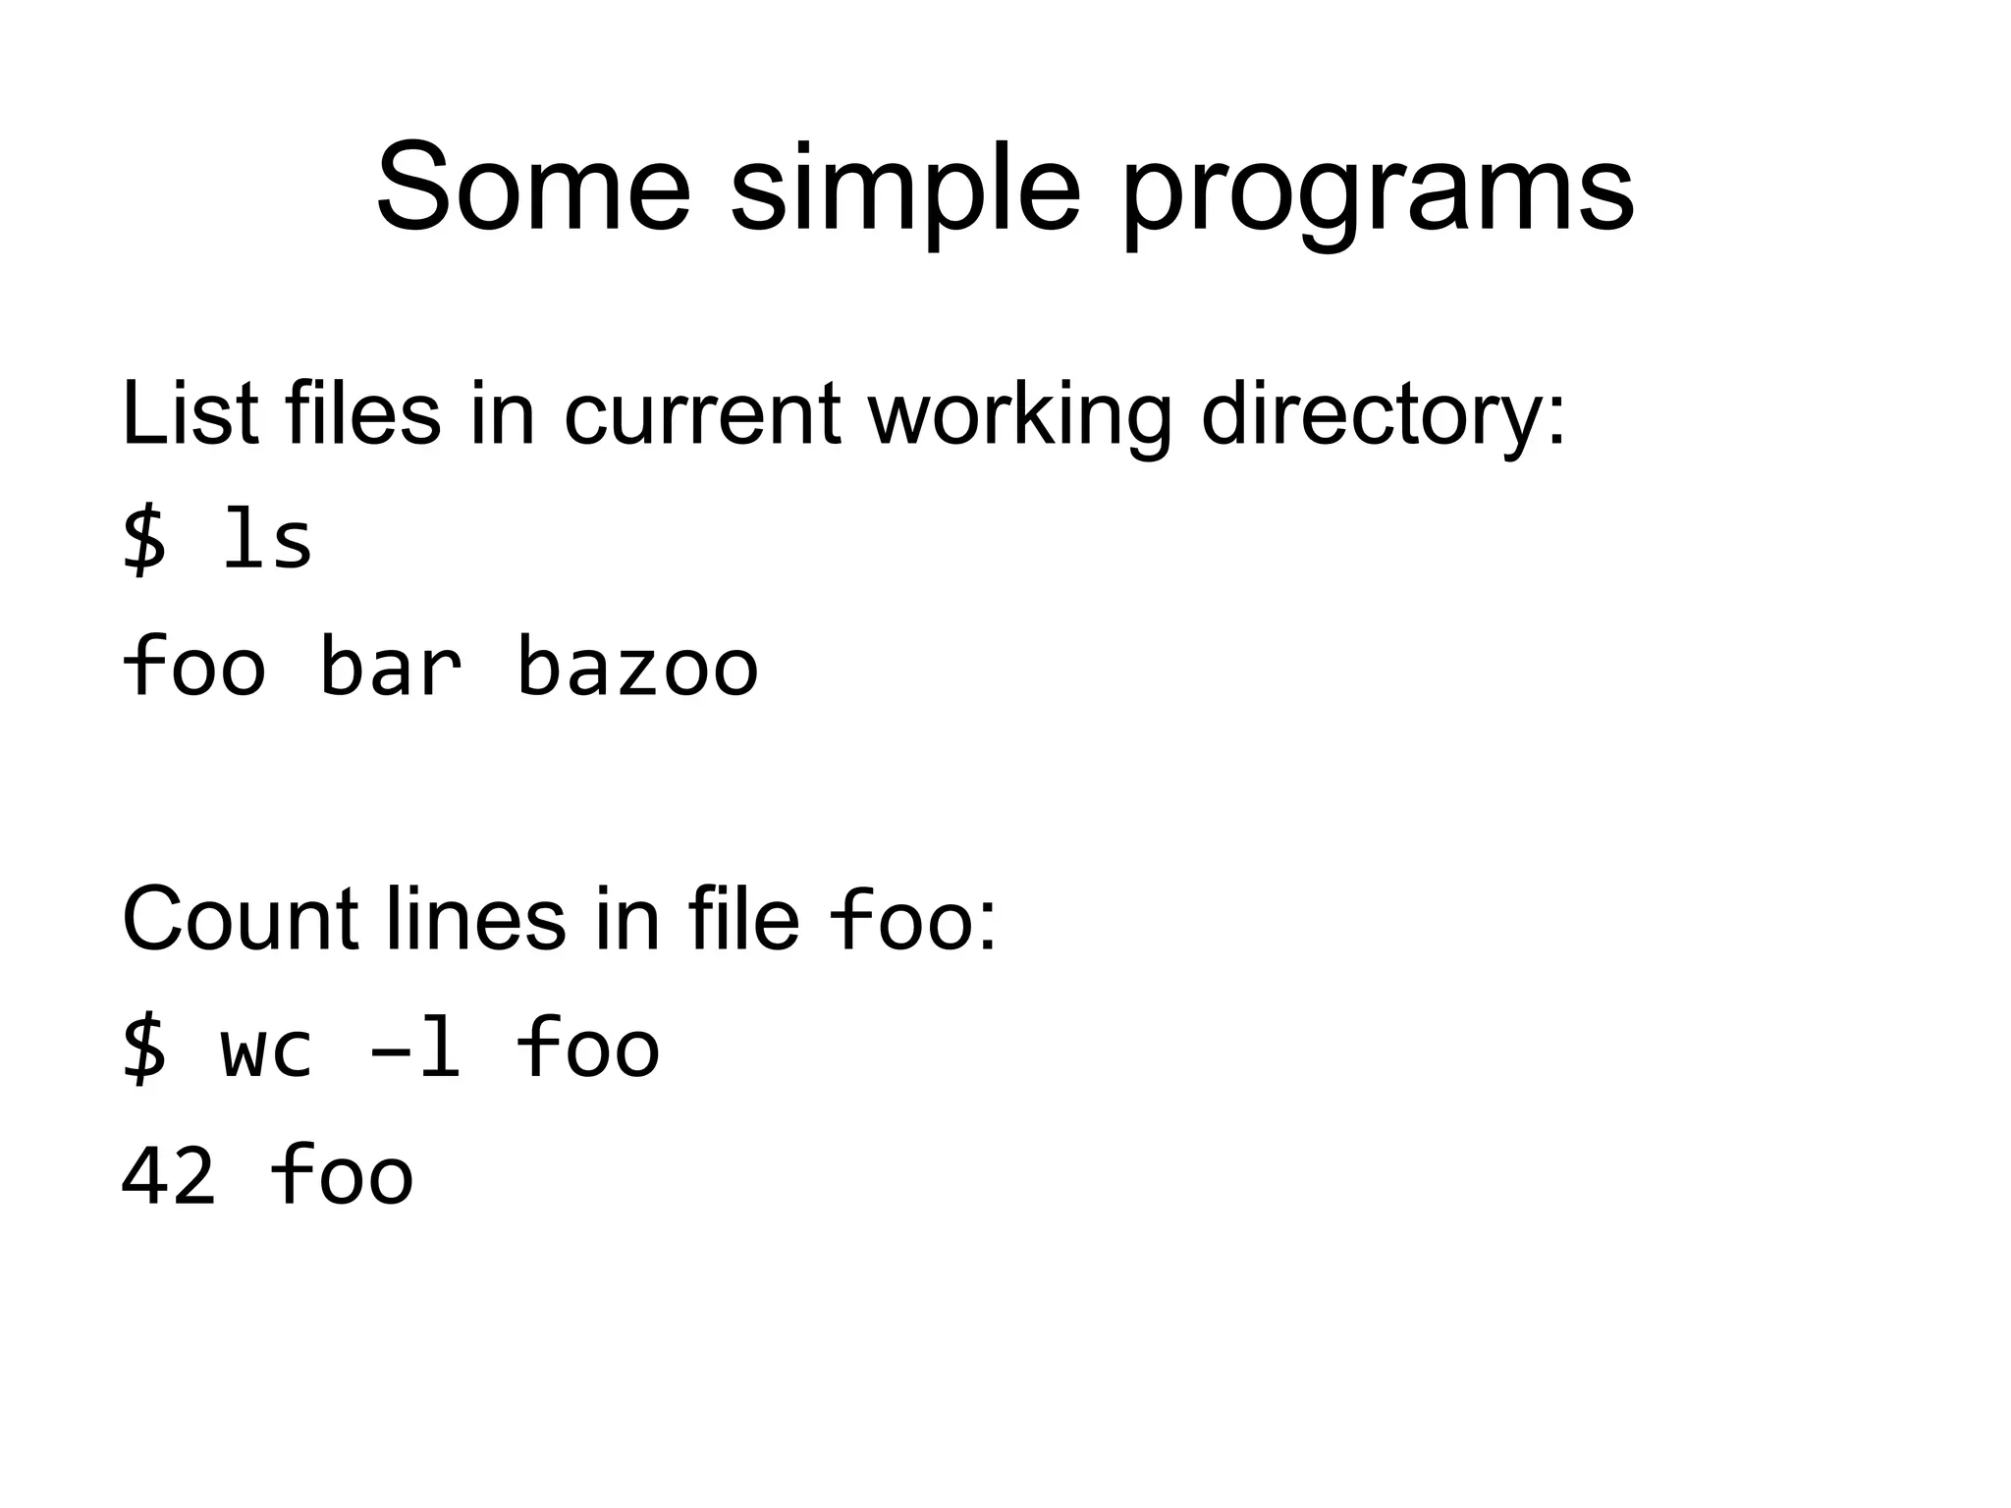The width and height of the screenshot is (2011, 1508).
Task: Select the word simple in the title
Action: coord(904,191)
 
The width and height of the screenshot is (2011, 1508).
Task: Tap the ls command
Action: coord(267,542)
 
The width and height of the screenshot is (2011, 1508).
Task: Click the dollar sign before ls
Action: coord(144,542)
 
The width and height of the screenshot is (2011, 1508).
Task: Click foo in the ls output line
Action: coord(193,666)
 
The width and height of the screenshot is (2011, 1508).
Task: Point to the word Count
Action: coord(240,919)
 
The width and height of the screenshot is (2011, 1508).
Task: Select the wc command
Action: coord(267,1049)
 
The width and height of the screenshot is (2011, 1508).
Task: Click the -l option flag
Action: coord(414,1049)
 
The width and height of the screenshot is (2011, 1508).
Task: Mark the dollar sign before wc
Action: coord(144,1049)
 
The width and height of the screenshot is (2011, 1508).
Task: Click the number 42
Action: coord(168,1175)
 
